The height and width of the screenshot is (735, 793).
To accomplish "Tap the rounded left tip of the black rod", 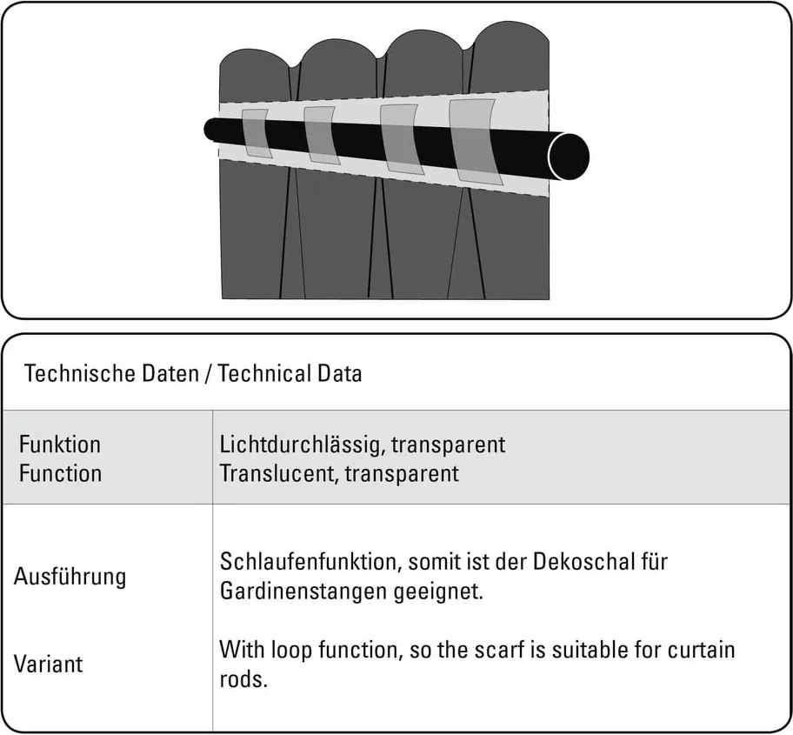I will coord(210,130).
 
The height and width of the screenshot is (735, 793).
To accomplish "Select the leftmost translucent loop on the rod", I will coord(256,133).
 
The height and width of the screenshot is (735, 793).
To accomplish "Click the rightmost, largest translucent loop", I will coord(472,141).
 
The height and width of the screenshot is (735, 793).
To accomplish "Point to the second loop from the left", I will coord(321,135).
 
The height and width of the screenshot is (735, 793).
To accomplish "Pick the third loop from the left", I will coord(398,137).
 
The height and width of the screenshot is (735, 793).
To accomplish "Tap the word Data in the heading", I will coord(337,374).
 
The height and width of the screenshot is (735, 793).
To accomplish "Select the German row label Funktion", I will coord(59,444).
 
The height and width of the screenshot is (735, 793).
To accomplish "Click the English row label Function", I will coord(60,473).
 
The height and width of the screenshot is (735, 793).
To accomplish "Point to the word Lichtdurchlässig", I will coord(300,444).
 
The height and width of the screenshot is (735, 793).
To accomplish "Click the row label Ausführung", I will coord(70,577).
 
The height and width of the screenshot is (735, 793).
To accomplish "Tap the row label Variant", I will coord(48,664).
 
